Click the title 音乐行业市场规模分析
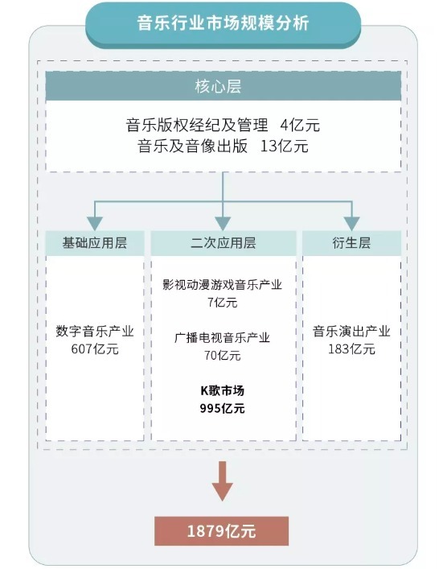pyautogui.click(x=223, y=23)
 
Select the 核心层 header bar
pyautogui.click(x=223, y=86)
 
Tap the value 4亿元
pyautogui.click(x=300, y=125)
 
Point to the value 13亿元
pyautogui.click(x=285, y=146)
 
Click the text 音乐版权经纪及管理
pyautogui.click(x=197, y=125)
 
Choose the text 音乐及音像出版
pyautogui.click(x=192, y=146)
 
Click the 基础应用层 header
pyautogui.click(x=95, y=243)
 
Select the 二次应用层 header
pyautogui.click(x=224, y=243)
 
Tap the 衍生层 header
pyautogui.click(x=351, y=243)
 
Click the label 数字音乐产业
pyautogui.click(x=95, y=332)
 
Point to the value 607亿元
pyautogui.click(x=95, y=349)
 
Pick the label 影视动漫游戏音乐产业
pyautogui.click(x=222, y=285)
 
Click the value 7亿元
pyautogui.click(x=222, y=302)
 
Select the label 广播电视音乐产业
pyautogui.click(x=222, y=338)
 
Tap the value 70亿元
pyautogui.click(x=222, y=355)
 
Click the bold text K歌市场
pyautogui.click(x=222, y=390)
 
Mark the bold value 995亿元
pyautogui.click(x=222, y=409)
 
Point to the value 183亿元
pyautogui.click(x=351, y=349)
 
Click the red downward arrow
pyautogui.click(x=222, y=481)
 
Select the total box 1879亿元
pyautogui.click(x=222, y=531)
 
